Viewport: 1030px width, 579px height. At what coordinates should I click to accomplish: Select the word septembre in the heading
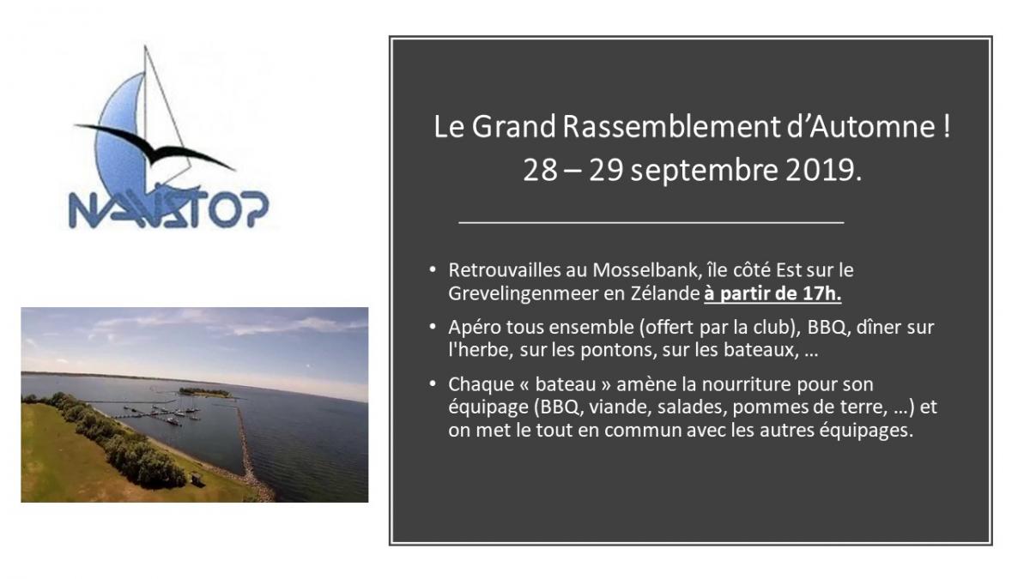tap(705, 172)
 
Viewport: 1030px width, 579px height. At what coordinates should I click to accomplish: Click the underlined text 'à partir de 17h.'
tap(772, 293)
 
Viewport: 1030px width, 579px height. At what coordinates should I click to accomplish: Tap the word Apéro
tap(475, 328)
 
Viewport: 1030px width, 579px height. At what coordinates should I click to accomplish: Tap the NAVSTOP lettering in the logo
tap(169, 209)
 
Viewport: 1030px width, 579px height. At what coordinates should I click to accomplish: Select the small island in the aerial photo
tap(204, 393)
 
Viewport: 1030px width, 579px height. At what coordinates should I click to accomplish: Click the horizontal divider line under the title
tap(651, 222)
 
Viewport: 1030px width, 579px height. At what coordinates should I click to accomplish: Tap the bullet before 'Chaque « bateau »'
tap(433, 383)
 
